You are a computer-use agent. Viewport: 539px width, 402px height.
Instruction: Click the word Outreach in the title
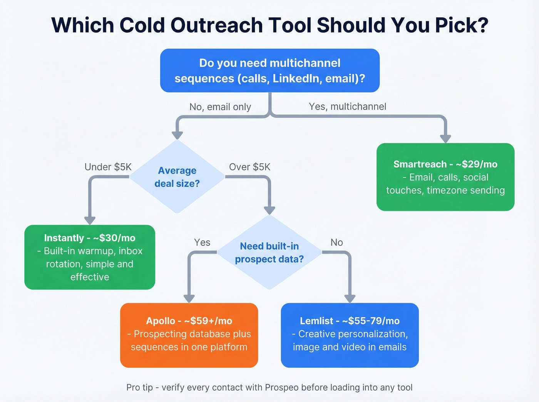tap(216, 25)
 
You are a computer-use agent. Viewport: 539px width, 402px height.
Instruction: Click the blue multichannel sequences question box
tap(269, 70)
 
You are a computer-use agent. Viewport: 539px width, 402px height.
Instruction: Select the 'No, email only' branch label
tap(220, 107)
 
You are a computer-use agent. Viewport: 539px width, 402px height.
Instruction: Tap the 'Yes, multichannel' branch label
tap(347, 107)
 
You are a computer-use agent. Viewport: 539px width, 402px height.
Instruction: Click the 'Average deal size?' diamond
tap(177, 177)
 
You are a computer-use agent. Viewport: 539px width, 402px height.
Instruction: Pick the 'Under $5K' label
tap(108, 167)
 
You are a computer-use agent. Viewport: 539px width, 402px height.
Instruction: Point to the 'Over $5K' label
tap(249, 167)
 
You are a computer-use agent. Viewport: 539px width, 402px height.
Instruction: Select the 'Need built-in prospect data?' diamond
tap(269, 252)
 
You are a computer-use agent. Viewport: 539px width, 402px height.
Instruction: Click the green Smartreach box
tap(445, 177)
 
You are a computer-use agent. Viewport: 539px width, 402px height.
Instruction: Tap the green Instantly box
tap(90, 257)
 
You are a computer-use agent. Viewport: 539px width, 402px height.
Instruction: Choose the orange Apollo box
tap(189, 335)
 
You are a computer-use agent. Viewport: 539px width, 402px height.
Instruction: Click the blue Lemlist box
tap(350, 335)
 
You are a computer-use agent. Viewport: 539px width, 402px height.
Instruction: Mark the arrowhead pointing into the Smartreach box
tap(445, 138)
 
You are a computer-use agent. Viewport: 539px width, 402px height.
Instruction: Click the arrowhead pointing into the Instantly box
tap(90, 220)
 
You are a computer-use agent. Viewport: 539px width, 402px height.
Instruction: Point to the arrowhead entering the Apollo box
tap(189, 299)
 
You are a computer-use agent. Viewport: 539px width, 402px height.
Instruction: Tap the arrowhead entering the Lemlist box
tap(350, 299)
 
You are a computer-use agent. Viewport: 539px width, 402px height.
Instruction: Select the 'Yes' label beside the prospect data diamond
tap(202, 242)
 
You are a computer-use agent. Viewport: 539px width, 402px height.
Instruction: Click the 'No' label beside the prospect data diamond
tap(336, 242)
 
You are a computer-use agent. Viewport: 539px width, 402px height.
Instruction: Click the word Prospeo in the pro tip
tap(281, 387)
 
